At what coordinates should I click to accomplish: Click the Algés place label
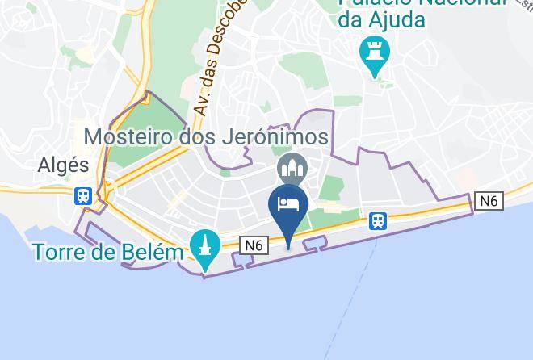63,165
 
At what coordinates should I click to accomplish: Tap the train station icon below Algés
82,196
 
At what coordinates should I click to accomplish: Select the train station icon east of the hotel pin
377,220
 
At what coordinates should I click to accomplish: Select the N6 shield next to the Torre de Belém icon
254,245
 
